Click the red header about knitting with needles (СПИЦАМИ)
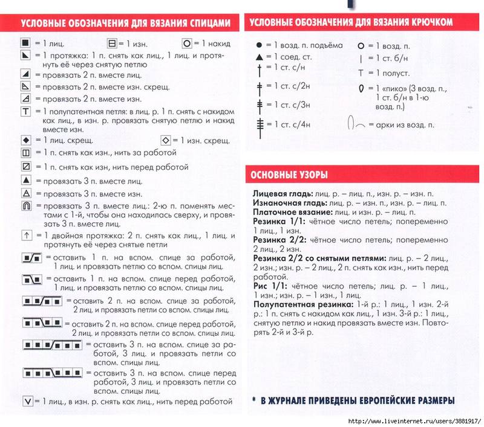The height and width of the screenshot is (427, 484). pos(125,23)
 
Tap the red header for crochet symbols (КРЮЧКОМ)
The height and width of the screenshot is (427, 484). pos(350,22)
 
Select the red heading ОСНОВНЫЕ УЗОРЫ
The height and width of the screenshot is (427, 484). pos(289,175)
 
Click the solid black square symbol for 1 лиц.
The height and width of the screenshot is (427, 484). pos(25,43)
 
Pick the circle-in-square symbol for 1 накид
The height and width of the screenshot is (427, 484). pos(186,43)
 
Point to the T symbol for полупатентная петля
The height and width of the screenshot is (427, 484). pos(26,112)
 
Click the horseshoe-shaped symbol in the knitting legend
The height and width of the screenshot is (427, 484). pos(26,207)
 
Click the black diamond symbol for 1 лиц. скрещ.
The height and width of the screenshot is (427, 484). pos(26,141)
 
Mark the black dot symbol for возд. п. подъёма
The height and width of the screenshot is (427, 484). pos(259,45)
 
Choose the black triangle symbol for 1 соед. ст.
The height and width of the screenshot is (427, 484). pos(259,57)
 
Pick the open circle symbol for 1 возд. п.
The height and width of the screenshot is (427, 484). pos(361,46)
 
